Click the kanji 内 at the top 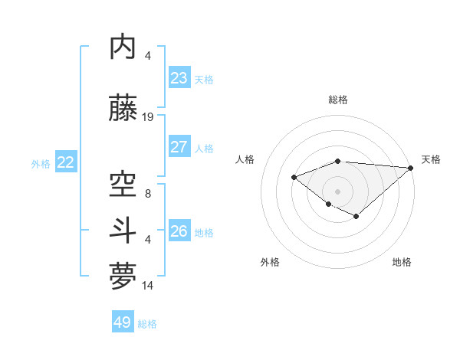click(125, 47)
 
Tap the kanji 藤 click(125, 108)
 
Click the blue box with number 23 click(179, 78)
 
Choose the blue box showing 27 click(179, 147)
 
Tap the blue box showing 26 click(179, 231)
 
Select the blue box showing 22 click(66, 162)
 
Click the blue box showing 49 click(123, 322)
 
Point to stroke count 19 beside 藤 click(148, 117)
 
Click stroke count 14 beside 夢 click(148, 286)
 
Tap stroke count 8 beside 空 click(148, 194)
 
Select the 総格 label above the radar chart click(338, 100)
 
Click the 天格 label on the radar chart click(431, 159)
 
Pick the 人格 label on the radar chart click(245, 159)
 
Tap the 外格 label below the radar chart click(270, 263)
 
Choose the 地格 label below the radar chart click(402, 263)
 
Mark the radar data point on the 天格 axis click(412, 168)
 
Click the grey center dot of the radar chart click(338, 191)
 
